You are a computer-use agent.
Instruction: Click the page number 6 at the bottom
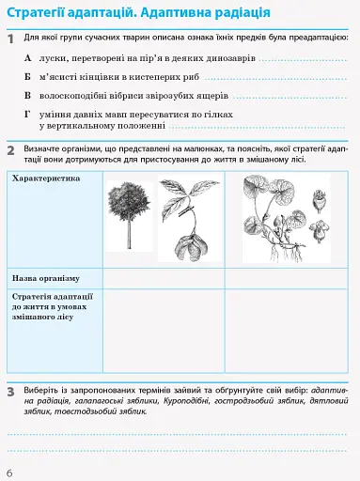click(x=8, y=471)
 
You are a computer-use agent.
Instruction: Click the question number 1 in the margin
click(x=10, y=41)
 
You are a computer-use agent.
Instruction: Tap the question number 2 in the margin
click(x=10, y=151)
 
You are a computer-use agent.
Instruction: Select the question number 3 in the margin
click(x=10, y=389)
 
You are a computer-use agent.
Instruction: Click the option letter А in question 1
click(x=28, y=58)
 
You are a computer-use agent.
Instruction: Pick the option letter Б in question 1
click(x=28, y=76)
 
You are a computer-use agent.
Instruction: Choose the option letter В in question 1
click(x=28, y=94)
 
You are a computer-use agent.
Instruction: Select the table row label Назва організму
click(x=45, y=279)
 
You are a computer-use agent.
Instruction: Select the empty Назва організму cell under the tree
click(x=163, y=279)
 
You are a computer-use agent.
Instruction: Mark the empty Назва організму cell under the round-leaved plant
click(x=286, y=279)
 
